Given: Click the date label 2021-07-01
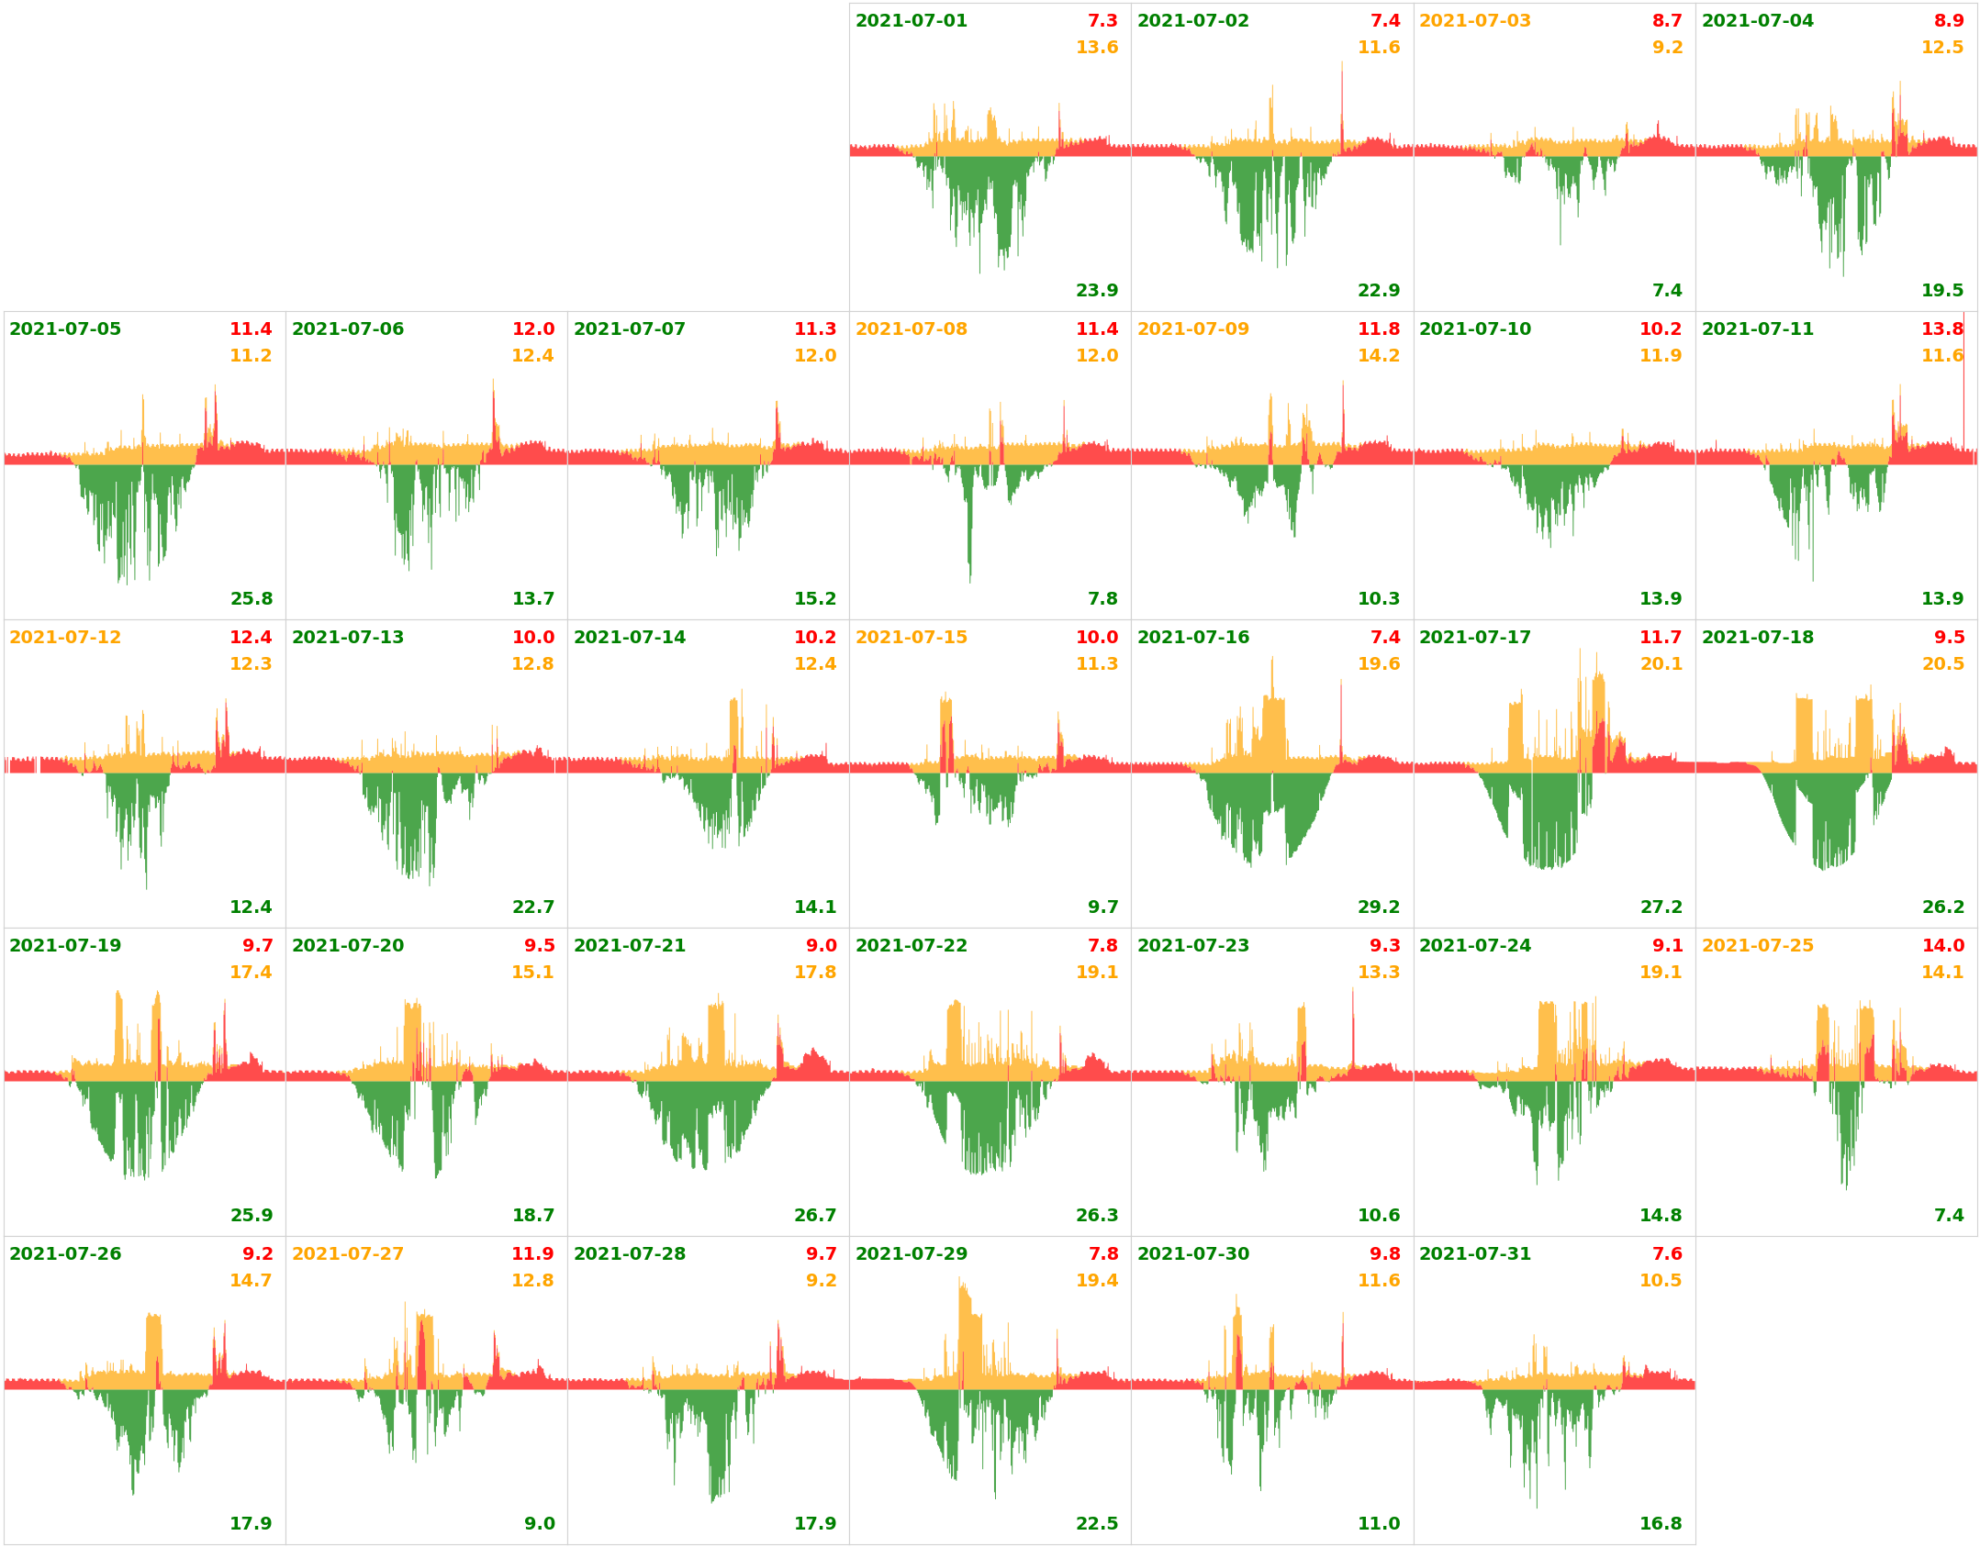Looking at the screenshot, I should (x=911, y=21).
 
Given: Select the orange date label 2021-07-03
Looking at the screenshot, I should (x=1474, y=21).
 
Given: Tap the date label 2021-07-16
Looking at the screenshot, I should (x=1192, y=638).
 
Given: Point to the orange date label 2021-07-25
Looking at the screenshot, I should (x=1757, y=946).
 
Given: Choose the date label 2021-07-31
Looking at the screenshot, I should (x=1474, y=1254).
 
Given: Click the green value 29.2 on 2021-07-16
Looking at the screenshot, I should (x=1378, y=907).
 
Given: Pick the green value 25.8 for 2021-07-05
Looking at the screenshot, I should (x=251, y=599).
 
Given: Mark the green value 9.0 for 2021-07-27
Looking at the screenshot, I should (x=539, y=1524).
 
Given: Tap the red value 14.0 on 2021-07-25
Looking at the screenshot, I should (x=1942, y=946).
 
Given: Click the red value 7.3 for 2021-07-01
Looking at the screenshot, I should (x=1102, y=21).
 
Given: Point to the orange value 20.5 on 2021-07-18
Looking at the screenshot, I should (x=1942, y=664).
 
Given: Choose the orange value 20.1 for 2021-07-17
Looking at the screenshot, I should (x=1661, y=664).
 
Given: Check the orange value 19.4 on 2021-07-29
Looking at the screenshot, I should (x=1096, y=1281).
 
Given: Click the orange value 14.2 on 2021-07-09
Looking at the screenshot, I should (x=1378, y=356).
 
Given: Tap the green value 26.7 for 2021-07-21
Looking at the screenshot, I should (x=814, y=1216).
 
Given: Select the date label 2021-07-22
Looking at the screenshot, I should (x=911, y=946).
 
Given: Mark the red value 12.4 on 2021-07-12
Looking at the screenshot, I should (x=251, y=638).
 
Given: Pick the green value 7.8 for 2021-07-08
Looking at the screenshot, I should (x=1102, y=599).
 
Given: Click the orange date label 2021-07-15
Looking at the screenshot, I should (x=911, y=638).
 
